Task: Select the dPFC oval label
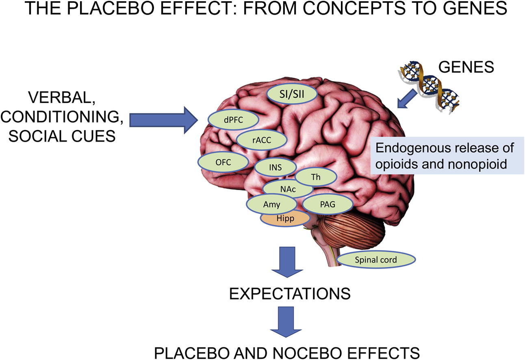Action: pos(233,119)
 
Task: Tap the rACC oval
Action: pos(261,140)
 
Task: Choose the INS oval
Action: pos(275,167)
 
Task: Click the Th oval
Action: pos(315,177)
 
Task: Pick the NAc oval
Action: pos(288,189)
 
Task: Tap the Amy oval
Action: pos(272,204)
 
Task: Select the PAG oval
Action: pos(328,204)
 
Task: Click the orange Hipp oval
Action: pos(285,219)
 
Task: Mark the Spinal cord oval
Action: pos(376,259)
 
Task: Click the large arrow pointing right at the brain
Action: pos(163,119)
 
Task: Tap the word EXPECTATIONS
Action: pos(290,293)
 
